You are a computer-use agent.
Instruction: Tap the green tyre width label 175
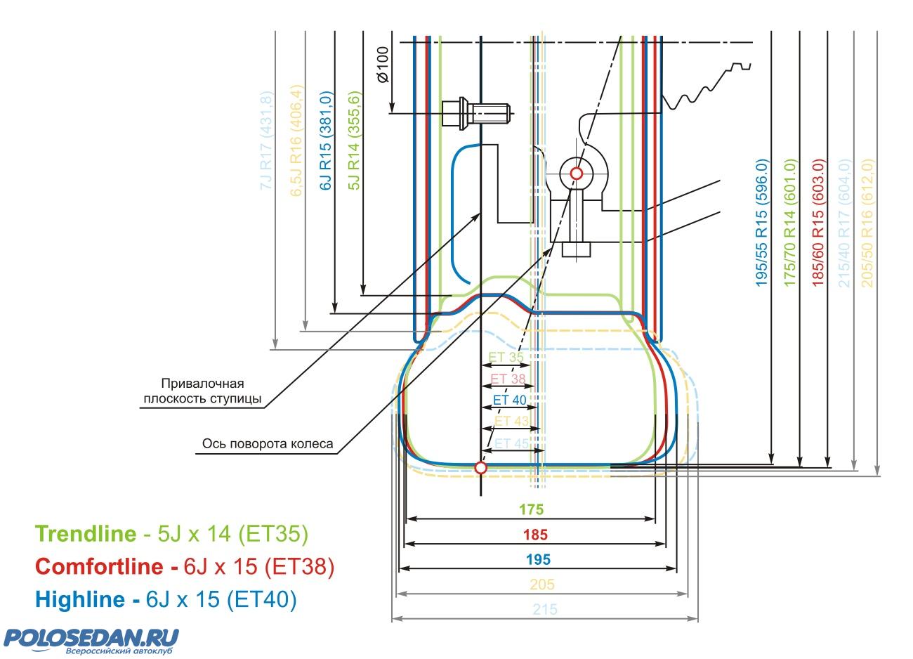[531, 509]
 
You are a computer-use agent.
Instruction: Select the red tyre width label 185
[535, 535]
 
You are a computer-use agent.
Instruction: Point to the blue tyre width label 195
[538, 560]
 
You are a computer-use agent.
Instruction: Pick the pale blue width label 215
[545, 610]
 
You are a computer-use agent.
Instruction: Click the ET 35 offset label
[506, 358]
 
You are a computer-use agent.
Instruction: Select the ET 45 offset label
[511, 443]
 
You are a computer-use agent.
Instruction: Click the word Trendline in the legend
[86, 535]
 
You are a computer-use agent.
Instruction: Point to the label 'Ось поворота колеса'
[267, 444]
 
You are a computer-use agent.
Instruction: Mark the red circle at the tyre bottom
[480, 467]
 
